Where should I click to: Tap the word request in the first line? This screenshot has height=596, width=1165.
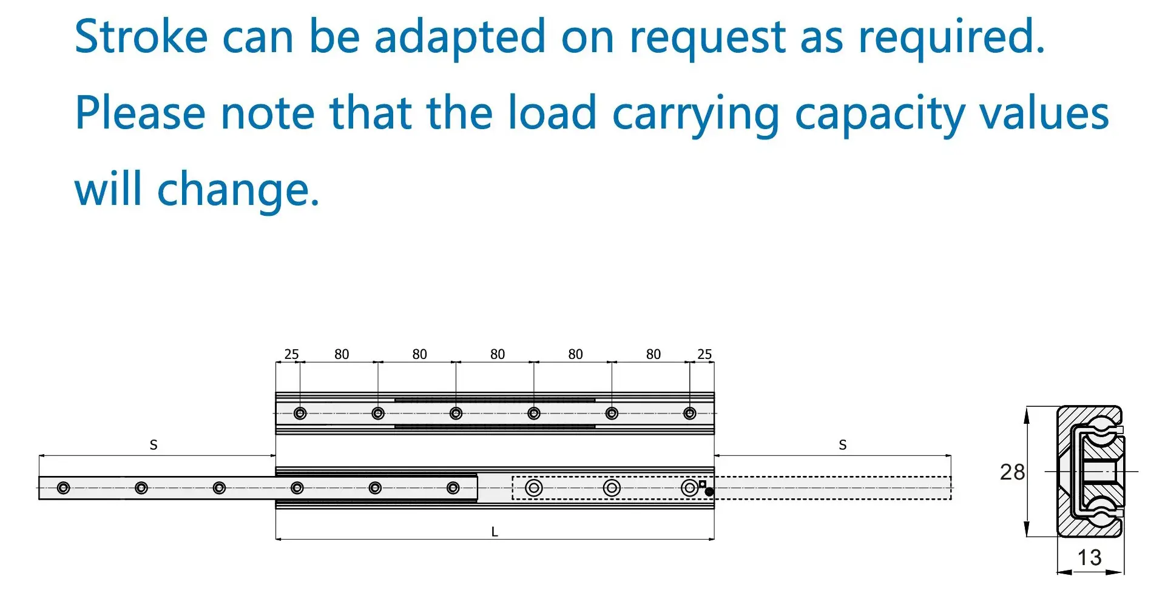[x=707, y=38]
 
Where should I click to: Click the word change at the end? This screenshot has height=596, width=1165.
[x=237, y=190]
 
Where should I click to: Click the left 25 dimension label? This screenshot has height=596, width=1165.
[x=291, y=354]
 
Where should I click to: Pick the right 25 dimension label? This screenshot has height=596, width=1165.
[x=704, y=354]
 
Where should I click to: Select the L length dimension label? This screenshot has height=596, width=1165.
[x=495, y=532]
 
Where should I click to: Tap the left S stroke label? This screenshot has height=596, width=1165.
[x=154, y=445]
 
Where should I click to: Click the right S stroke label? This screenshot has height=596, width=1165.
[x=842, y=445]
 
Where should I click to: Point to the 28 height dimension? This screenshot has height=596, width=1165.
[x=1012, y=472]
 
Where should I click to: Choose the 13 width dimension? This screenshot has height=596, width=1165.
[x=1089, y=558]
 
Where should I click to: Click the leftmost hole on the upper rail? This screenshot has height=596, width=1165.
[x=300, y=414]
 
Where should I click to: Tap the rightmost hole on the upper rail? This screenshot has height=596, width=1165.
[x=689, y=414]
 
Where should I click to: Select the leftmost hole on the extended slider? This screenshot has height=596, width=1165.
[x=63, y=488]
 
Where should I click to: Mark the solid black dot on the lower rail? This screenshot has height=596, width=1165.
[x=709, y=492]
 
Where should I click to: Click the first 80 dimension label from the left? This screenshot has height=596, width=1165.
[x=342, y=354]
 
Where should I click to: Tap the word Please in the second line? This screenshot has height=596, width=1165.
[x=140, y=114]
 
